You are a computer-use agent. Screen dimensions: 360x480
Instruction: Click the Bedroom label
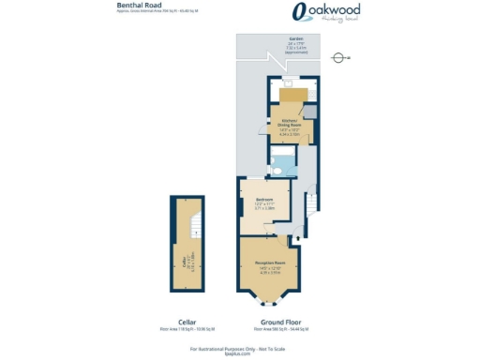263,199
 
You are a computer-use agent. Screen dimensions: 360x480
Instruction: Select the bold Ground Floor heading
271,322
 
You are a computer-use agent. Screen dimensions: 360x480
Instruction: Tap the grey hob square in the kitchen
309,112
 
